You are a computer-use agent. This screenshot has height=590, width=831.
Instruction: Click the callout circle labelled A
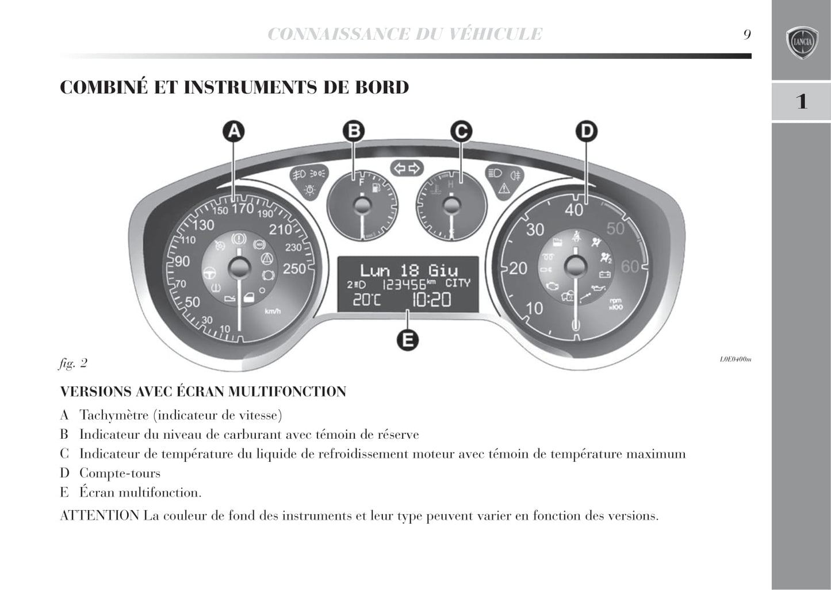coord(233,132)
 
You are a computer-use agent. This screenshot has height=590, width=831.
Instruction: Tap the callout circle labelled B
coord(354,132)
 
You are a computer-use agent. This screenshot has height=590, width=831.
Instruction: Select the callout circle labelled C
coord(461,132)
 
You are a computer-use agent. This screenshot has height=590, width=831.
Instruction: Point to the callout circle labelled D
coord(586,132)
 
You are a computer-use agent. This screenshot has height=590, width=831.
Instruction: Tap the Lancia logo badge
coord(802,42)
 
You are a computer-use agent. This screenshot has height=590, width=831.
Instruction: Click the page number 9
coord(746,35)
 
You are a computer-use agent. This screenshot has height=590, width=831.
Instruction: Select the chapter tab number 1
coord(801,102)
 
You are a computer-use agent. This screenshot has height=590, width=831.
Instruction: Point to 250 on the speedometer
coord(294,269)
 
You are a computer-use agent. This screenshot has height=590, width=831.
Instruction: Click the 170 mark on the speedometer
coord(243,208)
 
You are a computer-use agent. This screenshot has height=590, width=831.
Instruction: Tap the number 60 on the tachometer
coord(630,267)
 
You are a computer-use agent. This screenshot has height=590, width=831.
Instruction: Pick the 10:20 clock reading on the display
coord(431,300)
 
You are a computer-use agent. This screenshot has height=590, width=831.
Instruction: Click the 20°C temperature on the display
coord(366,300)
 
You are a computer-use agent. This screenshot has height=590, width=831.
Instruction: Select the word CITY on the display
coord(458,283)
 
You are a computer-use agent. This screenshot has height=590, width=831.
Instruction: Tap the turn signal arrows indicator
coord(407,168)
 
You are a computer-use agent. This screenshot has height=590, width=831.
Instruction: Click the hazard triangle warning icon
coord(504,188)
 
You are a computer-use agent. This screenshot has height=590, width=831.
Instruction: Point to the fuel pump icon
coord(376,187)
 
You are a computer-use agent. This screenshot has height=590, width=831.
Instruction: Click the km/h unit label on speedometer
coord(273,311)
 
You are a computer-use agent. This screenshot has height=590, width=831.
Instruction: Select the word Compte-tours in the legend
coord(120,473)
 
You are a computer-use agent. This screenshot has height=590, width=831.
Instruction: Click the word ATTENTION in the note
coord(99,516)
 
